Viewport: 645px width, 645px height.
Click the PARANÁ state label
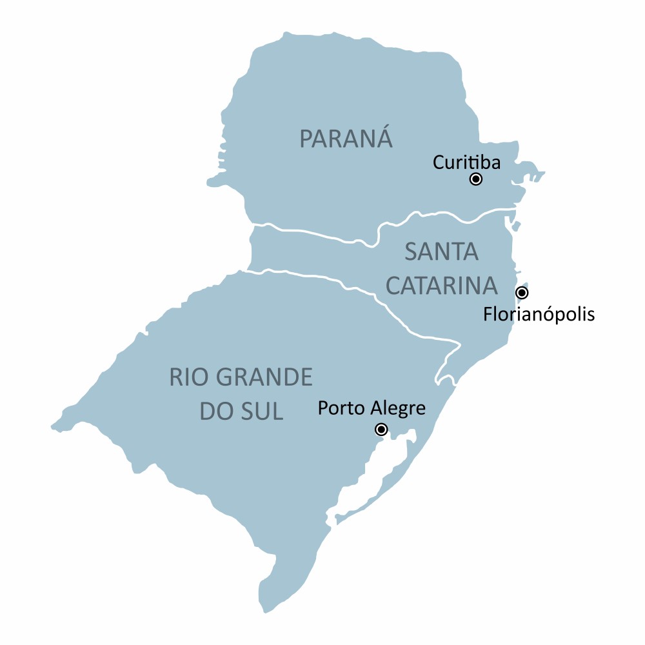click(x=346, y=139)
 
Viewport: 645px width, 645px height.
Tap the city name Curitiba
click(x=466, y=162)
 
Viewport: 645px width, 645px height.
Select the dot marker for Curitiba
click(x=476, y=179)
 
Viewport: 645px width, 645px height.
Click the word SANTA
click(x=442, y=252)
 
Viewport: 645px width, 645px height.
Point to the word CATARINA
click(x=442, y=286)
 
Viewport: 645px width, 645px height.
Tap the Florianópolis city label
click(x=539, y=315)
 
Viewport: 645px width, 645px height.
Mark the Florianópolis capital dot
click(x=522, y=293)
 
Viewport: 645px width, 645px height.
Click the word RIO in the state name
click(x=187, y=377)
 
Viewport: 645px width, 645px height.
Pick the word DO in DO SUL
click(x=215, y=412)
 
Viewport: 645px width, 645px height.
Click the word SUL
click(x=263, y=412)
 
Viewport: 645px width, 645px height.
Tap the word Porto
click(x=342, y=408)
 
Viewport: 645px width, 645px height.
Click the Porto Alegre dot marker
click(x=381, y=430)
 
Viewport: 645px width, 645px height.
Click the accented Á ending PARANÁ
click(x=383, y=137)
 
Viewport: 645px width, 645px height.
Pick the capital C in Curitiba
click(x=439, y=162)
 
